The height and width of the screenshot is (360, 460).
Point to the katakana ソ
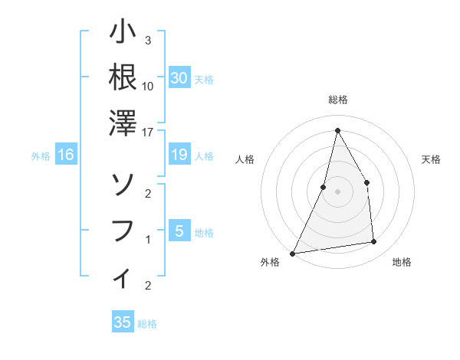point(123,184)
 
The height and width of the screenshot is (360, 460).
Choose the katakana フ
point(123,230)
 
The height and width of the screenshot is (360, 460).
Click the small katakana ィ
point(123,278)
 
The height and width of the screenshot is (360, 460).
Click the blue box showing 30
point(179,78)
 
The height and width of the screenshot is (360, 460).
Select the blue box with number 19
point(179,155)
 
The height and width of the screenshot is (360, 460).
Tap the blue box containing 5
point(179,231)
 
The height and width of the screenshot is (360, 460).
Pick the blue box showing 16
point(66,155)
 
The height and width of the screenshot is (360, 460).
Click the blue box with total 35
point(123,322)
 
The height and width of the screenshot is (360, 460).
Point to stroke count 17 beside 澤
point(148,132)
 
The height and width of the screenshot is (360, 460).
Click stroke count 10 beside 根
point(148,86)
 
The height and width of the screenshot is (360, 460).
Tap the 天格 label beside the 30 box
point(204,79)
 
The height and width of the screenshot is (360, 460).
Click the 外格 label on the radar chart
point(270,262)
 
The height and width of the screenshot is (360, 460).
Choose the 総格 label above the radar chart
point(337,100)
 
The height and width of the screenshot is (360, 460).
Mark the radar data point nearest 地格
point(374,242)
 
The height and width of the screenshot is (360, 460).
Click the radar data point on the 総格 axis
point(337,130)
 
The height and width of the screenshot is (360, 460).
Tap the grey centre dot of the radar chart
point(337,191)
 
